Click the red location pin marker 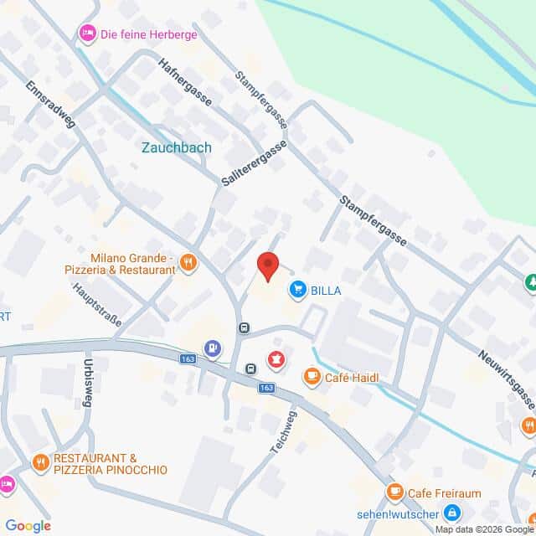(267, 265)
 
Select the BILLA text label (326, 291)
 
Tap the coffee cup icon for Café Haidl (312, 377)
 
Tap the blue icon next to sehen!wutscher (451, 511)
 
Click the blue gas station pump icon (214, 346)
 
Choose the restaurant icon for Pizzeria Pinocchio (39, 462)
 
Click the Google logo (28, 526)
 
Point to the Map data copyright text (484, 529)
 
